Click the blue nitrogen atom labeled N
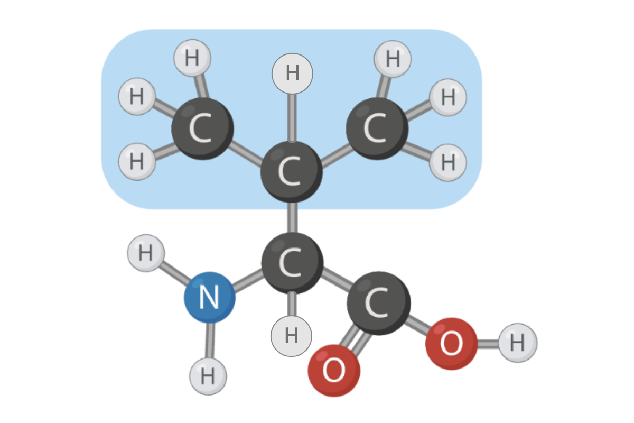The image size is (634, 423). pyautogui.click(x=209, y=297)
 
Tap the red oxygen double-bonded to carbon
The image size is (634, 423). pyautogui.click(x=334, y=370)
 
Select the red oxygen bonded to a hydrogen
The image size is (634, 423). pyautogui.click(x=451, y=344)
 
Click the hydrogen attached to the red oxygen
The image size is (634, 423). pyautogui.click(x=517, y=343)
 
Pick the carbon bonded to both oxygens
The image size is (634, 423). pyautogui.click(x=378, y=303)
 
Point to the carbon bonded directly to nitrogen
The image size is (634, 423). pyautogui.click(x=292, y=263)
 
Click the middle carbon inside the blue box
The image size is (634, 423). pyautogui.click(x=291, y=171)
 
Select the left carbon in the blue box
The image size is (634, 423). pyautogui.click(x=202, y=128)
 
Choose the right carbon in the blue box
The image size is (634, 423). pyautogui.click(x=377, y=128)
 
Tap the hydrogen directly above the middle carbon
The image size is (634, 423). pyautogui.click(x=292, y=73)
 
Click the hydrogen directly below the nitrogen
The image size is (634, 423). pyautogui.click(x=208, y=376)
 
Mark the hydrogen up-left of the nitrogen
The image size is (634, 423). pyautogui.click(x=146, y=253)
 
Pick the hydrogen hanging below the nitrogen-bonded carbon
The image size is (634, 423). pyautogui.click(x=291, y=336)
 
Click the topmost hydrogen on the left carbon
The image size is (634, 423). pyautogui.click(x=192, y=58)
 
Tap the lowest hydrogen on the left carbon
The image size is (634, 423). pyautogui.click(x=137, y=161)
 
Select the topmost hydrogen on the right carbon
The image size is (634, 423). pyautogui.click(x=393, y=59)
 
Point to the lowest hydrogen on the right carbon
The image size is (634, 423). pyautogui.click(x=447, y=162)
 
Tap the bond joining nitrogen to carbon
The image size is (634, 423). pyautogui.click(x=248, y=280)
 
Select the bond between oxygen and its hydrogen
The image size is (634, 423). pyautogui.click(x=488, y=344)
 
